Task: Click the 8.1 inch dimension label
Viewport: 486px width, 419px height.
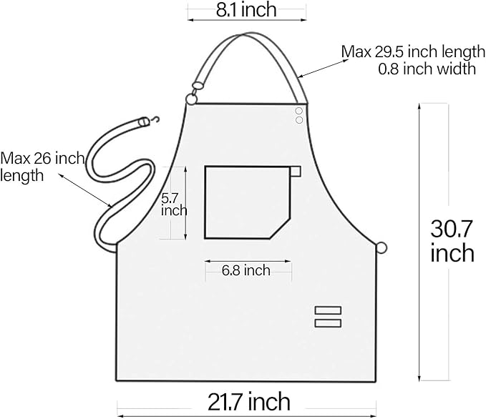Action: click(248, 11)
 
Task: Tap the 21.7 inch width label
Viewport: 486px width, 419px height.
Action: click(249, 401)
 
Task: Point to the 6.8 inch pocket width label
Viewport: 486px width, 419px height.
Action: click(246, 270)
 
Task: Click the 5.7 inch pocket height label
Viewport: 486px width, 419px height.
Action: click(173, 204)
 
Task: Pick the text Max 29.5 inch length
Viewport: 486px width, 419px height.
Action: click(408, 51)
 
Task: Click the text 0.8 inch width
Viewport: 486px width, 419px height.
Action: click(427, 69)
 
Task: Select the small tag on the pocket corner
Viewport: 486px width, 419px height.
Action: click(296, 170)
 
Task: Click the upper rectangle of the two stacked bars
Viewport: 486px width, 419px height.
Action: click(328, 310)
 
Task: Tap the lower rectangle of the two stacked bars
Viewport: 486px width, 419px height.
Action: click(328, 323)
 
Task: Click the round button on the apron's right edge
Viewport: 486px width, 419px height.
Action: click(382, 248)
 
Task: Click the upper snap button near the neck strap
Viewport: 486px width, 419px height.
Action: click(299, 110)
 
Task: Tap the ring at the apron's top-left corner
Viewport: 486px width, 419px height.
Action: click(190, 99)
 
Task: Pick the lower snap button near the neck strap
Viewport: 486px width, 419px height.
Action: click(299, 119)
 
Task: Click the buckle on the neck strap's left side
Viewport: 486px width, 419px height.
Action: click(197, 87)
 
